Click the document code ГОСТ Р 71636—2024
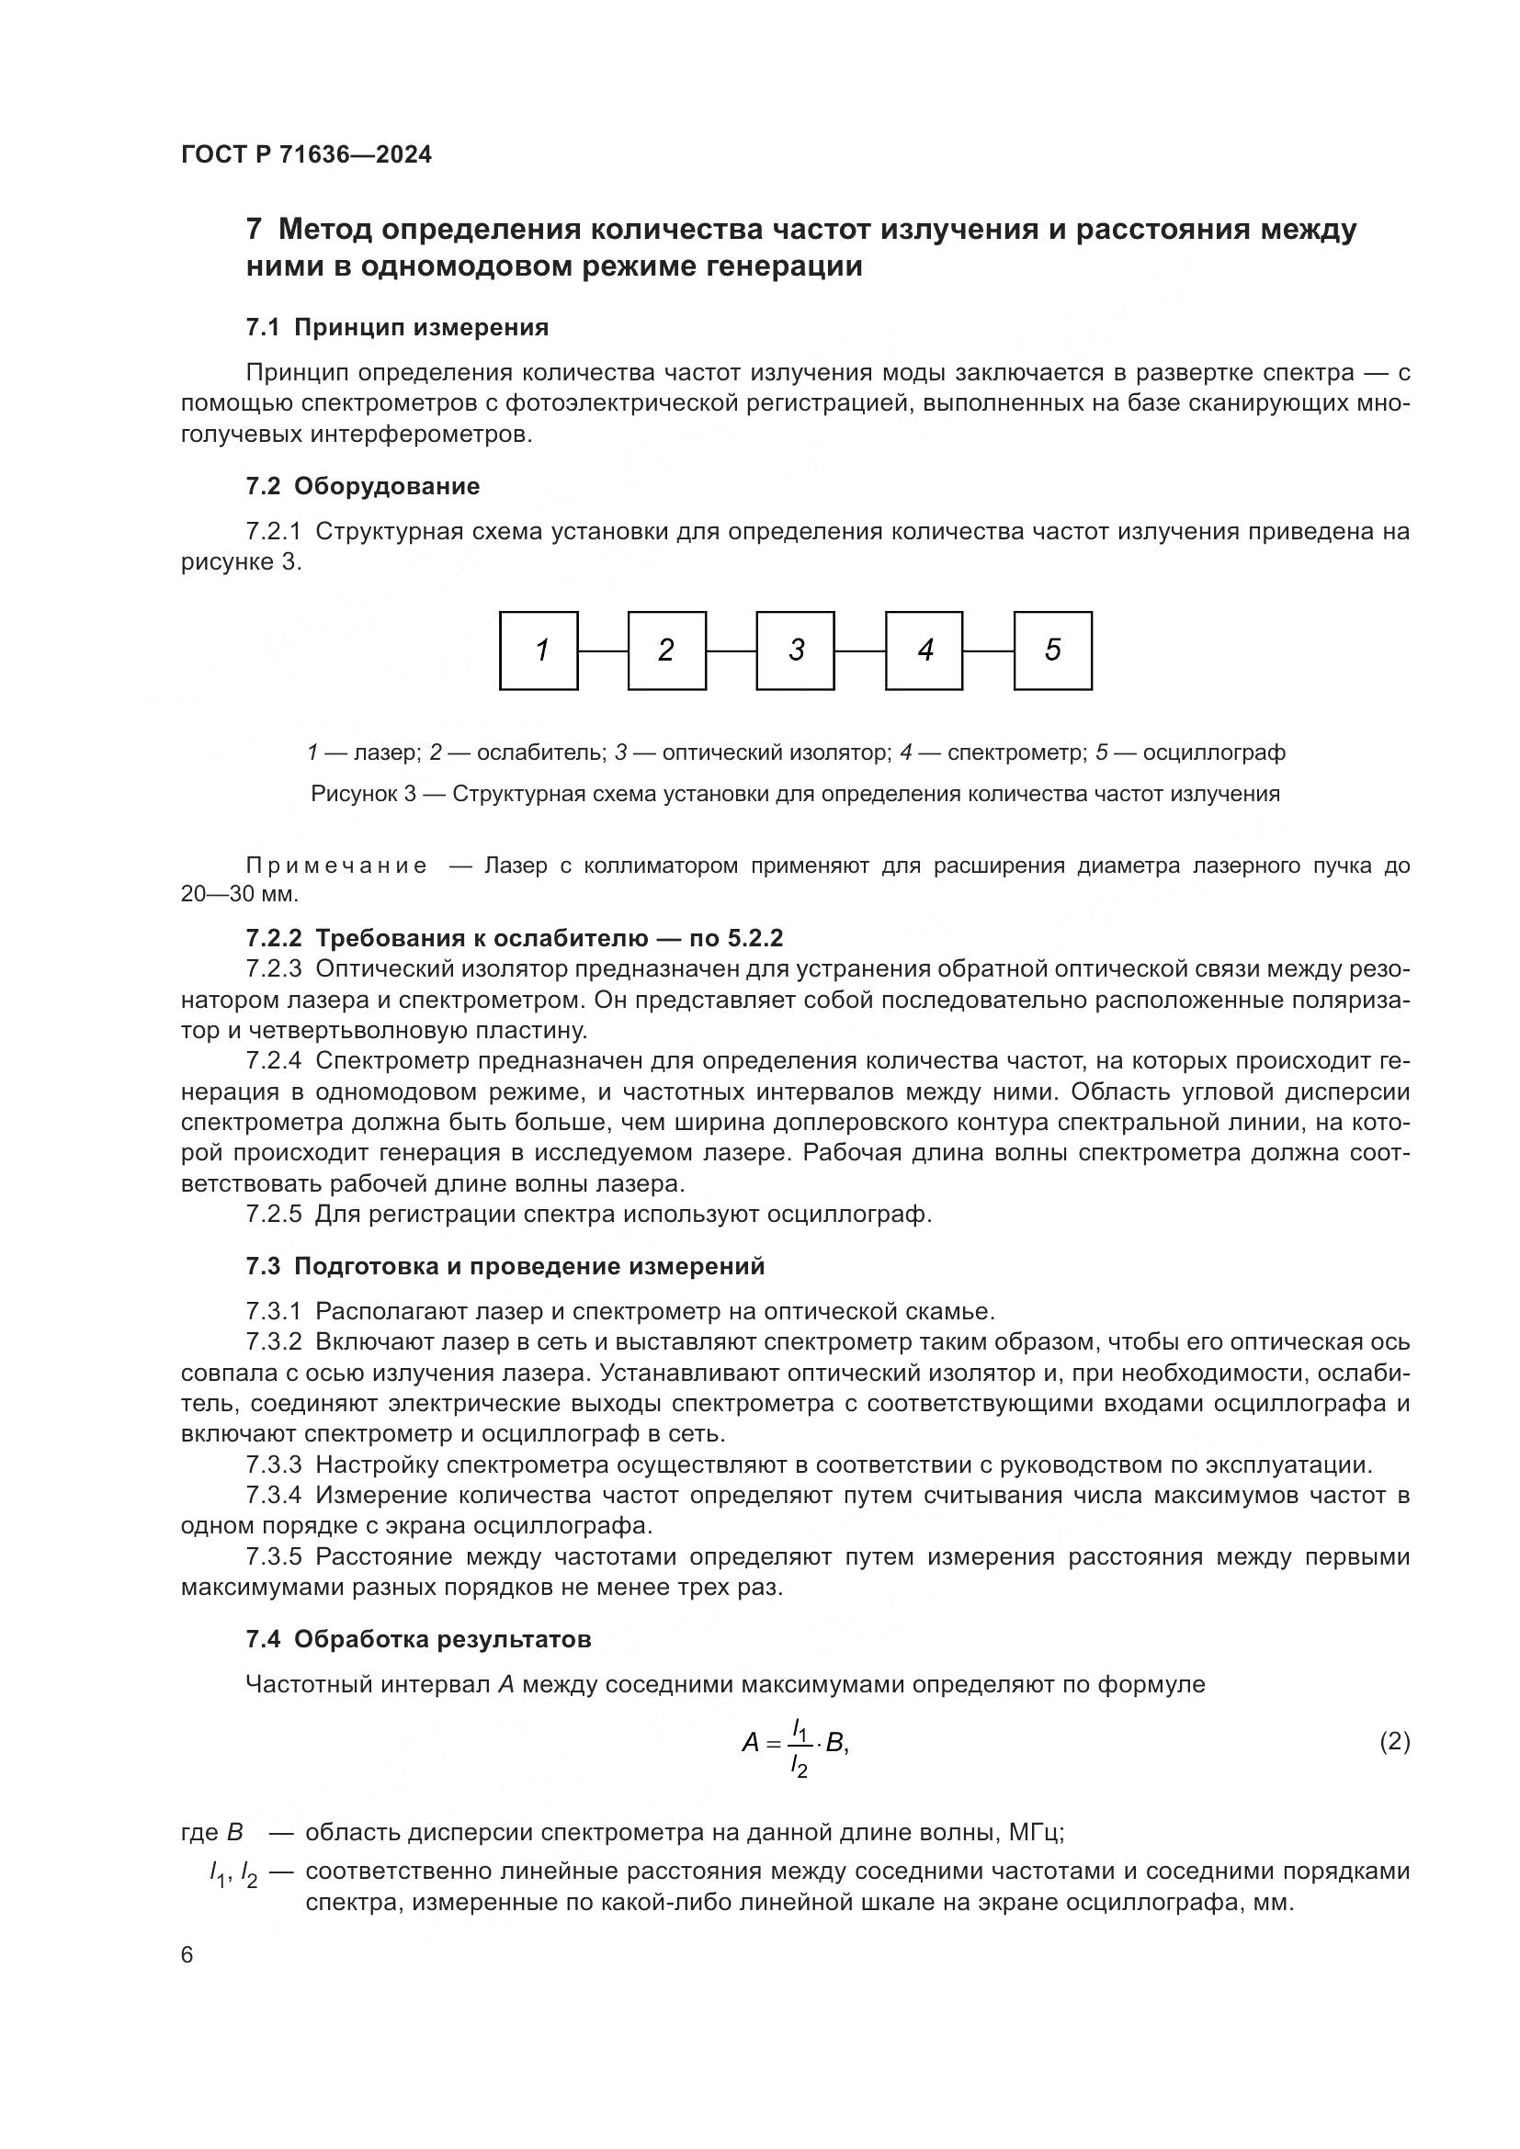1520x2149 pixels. click(x=306, y=155)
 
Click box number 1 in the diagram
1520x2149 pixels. click(x=539, y=650)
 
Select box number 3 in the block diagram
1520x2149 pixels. click(x=796, y=650)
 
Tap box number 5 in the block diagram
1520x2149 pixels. click(x=1053, y=650)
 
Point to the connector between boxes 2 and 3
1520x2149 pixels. click(x=731, y=650)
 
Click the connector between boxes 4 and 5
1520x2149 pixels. click(x=989, y=650)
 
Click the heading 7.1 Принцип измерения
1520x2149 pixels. click(x=397, y=328)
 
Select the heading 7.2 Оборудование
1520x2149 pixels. click(x=362, y=486)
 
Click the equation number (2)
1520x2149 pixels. click(x=1395, y=1741)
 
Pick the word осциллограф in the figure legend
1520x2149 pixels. click(x=1214, y=752)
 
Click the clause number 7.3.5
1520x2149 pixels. click(x=274, y=1556)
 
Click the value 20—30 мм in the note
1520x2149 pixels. click(x=239, y=894)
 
